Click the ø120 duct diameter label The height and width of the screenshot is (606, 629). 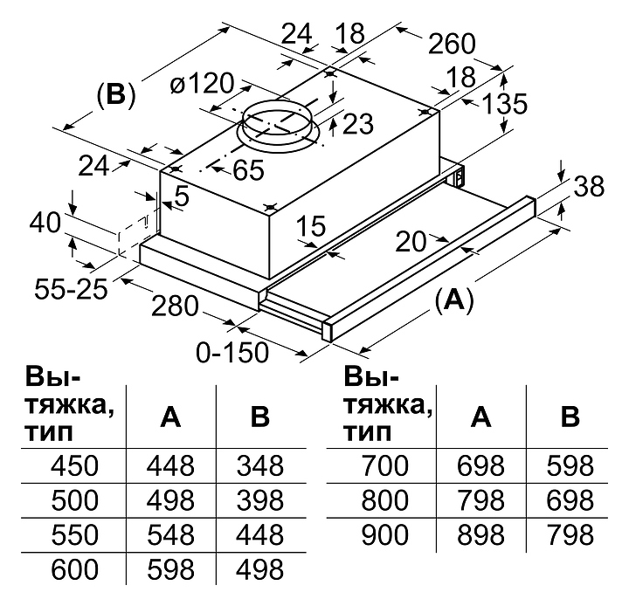202,85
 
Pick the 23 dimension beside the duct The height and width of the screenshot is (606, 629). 356,125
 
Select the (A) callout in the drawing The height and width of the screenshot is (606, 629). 453,300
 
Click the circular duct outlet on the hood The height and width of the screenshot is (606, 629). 276,123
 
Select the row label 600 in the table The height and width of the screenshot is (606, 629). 74,570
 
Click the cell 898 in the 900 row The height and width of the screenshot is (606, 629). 480,534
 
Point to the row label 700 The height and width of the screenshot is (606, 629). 384,464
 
